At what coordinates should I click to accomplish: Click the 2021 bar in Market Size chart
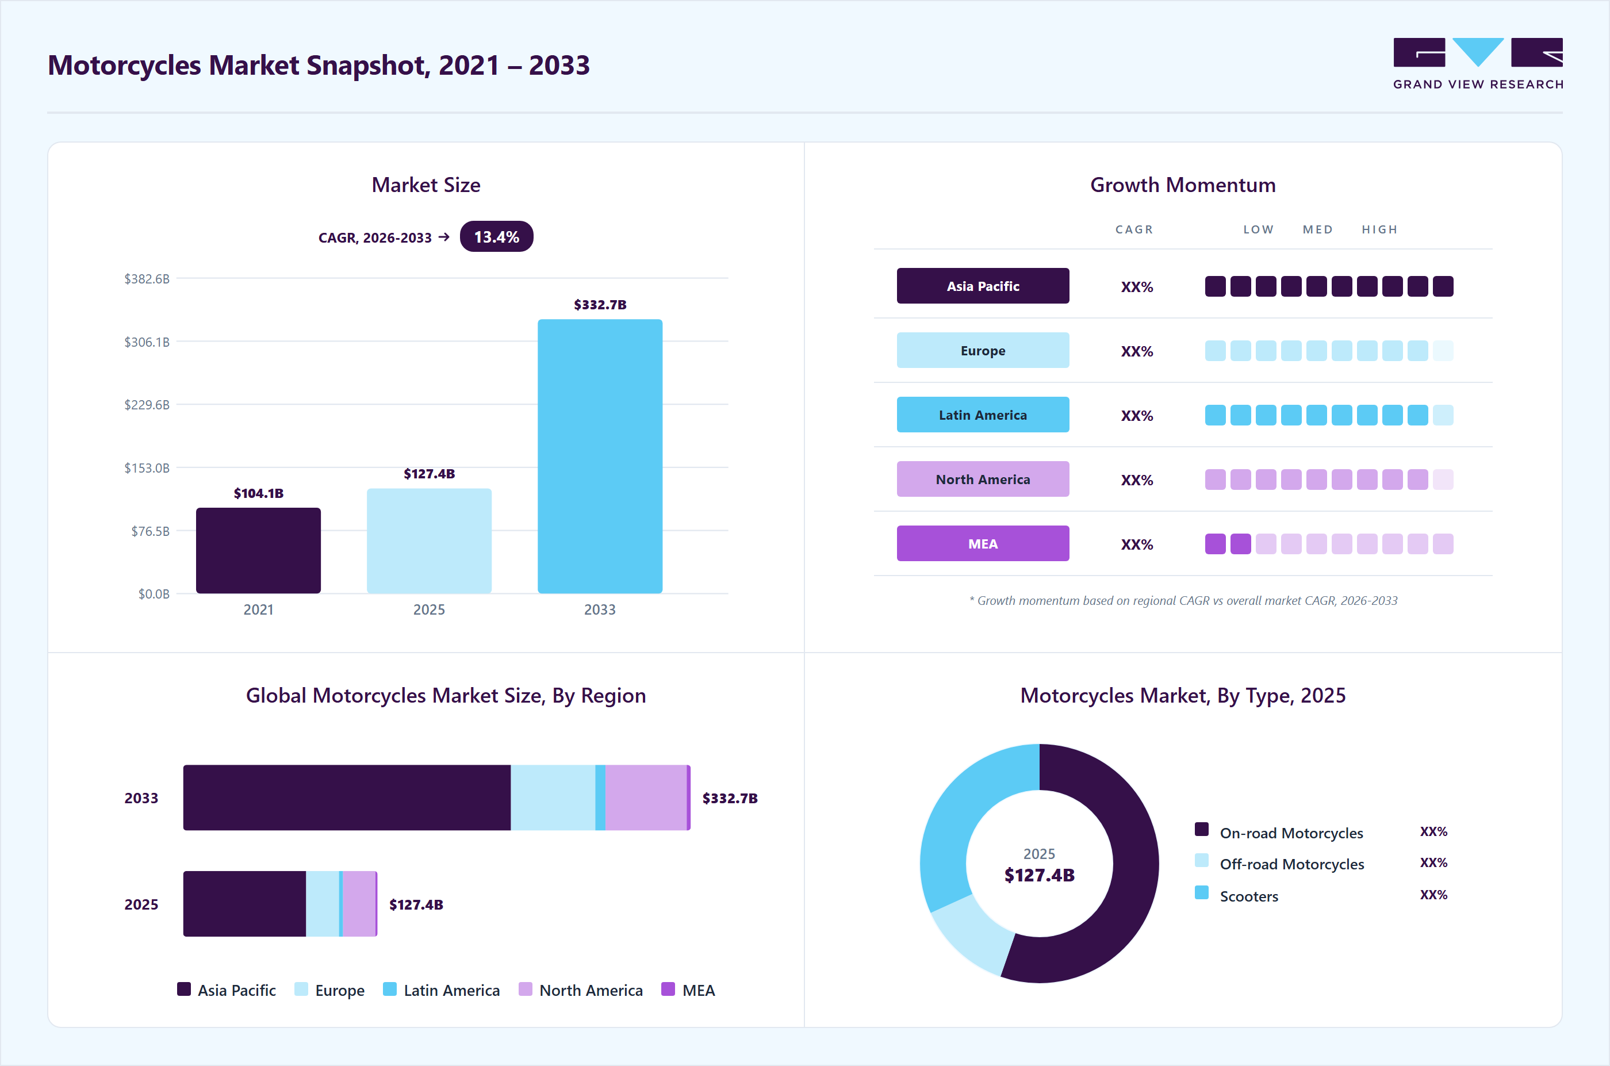(258, 550)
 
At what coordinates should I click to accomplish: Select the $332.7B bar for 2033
(600, 456)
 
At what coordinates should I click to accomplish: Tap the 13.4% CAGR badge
(496, 236)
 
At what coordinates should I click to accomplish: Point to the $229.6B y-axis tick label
(147, 405)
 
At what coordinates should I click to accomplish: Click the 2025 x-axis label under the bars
(429, 609)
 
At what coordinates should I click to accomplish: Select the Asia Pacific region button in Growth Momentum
(983, 286)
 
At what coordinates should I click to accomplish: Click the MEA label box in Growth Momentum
(983, 543)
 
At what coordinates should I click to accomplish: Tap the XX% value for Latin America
(1137, 415)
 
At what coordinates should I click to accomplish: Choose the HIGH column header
(1379, 229)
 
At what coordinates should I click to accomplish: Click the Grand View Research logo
(1478, 64)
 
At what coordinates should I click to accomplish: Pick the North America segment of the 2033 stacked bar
(646, 797)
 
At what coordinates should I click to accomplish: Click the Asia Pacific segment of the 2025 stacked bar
(245, 903)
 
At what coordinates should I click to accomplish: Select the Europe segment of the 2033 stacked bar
(553, 797)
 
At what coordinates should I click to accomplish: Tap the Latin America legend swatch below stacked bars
(390, 989)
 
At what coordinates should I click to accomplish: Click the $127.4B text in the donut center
(1039, 875)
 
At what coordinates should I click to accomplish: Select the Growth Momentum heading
(1182, 185)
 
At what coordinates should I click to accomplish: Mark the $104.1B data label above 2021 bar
(258, 493)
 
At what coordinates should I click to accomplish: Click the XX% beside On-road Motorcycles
(1433, 831)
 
